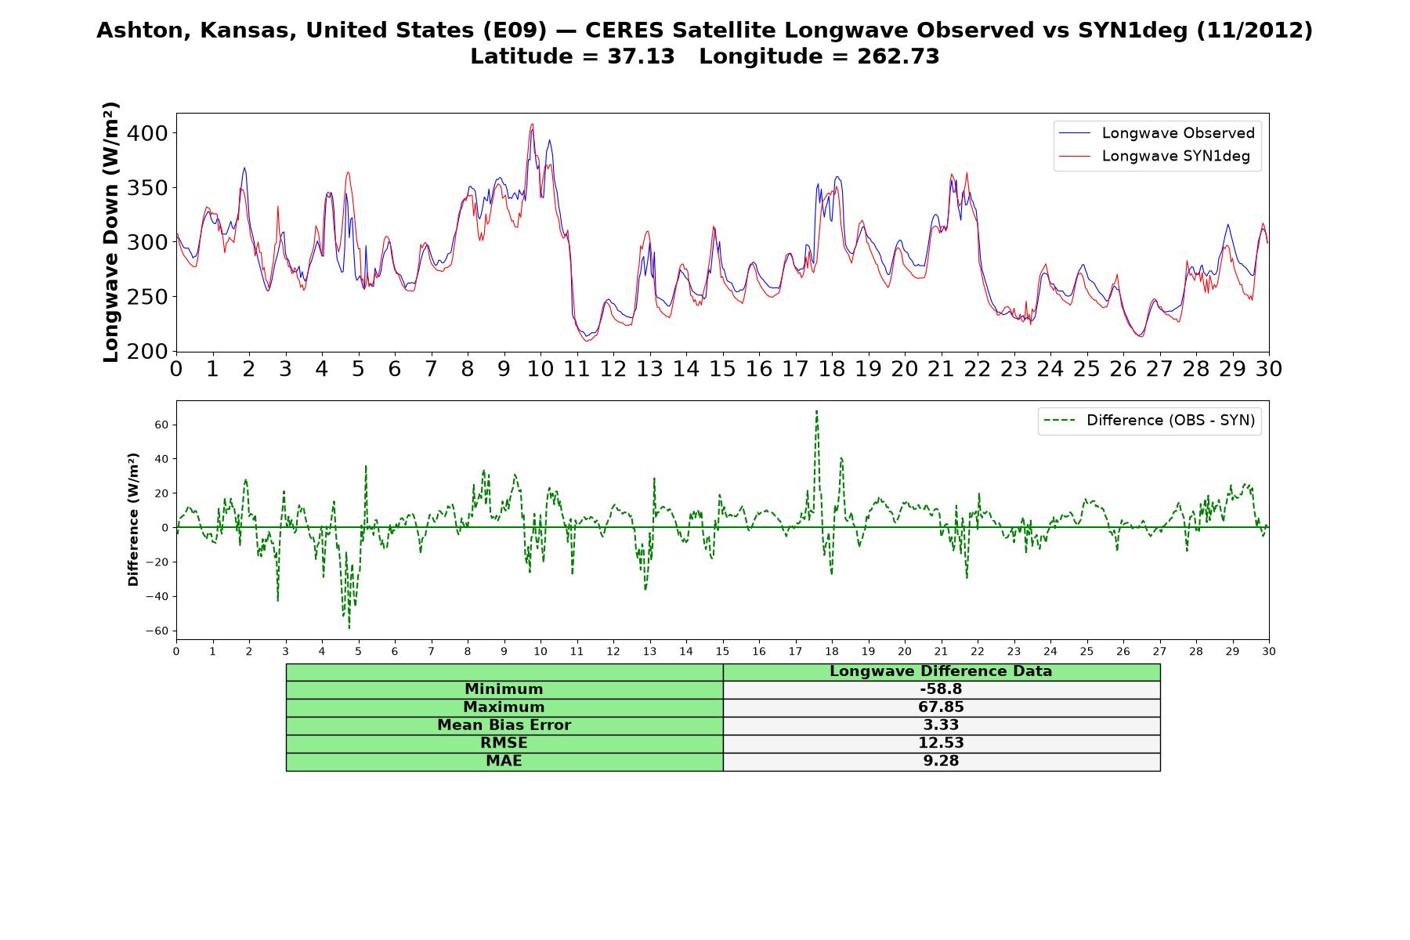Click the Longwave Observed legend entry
pos(1156,133)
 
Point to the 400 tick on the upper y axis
pos(147,133)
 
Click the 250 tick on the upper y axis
pos(147,297)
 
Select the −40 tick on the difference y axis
pos(158,597)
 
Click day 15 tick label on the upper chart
pos(722,369)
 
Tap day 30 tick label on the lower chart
pos(1269,652)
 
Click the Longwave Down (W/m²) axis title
pos(111,232)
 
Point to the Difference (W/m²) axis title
pos(133,519)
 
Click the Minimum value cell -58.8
pos(941,689)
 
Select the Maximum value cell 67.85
pos(941,707)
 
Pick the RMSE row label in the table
pos(504,743)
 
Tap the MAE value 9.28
pos(941,761)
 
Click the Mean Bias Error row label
pos(504,725)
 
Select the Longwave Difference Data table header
pos(941,671)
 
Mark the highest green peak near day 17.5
pos(816,410)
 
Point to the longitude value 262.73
pos(898,56)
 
